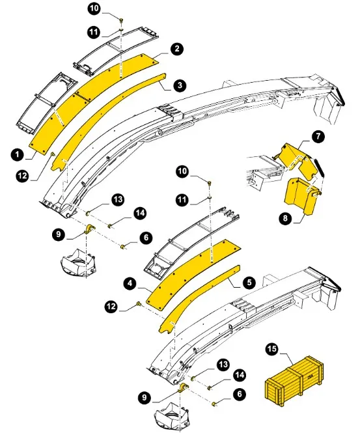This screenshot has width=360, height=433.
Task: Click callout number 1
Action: click(x=18, y=154)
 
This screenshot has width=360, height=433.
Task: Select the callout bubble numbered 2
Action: click(x=177, y=49)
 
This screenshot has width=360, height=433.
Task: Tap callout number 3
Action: click(x=180, y=85)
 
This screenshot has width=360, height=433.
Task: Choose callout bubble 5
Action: click(x=249, y=282)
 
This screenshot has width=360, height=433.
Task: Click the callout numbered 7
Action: click(x=318, y=137)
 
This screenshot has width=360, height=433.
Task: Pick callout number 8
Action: click(x=285, y=218)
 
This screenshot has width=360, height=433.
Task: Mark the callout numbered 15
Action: click(x=271, y=349)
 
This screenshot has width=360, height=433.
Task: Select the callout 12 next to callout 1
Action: click(x=23, y=175)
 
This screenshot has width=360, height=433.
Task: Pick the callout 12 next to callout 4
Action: click(x=111, y=307)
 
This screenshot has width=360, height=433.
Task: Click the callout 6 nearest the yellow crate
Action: click(x=240, y=393)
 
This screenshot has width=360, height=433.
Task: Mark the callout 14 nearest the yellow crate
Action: click(x=240, y=375)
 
